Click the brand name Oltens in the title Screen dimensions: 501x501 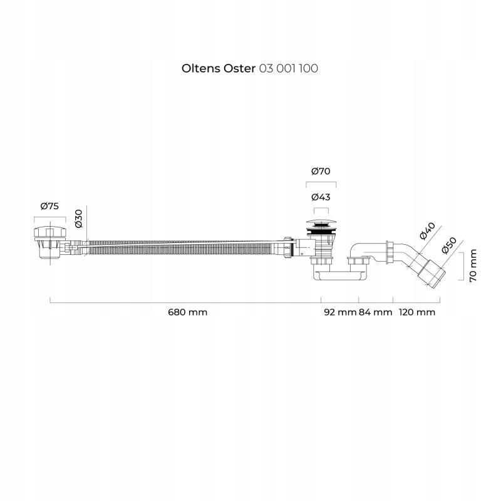(200, 68)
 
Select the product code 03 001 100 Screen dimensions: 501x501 (289, 68)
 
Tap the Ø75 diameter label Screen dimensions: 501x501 (49, 206)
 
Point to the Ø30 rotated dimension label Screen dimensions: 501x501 (79, 219)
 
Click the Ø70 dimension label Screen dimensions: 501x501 (321, 171)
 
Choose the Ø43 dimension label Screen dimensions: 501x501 (321, 197)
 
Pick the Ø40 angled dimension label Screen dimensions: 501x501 (427, 230)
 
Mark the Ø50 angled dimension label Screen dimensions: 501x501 (449, 245)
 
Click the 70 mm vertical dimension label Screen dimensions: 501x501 (473, 266)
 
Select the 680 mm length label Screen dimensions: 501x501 (187, 312)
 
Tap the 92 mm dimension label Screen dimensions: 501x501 (340, 312)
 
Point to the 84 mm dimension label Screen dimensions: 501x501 (375, 312)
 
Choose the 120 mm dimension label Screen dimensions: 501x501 (417, 312)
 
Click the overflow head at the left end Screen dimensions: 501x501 (50, 242)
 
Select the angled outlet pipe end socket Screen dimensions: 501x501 (431, 273)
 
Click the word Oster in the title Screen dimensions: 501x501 (239, 68)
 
